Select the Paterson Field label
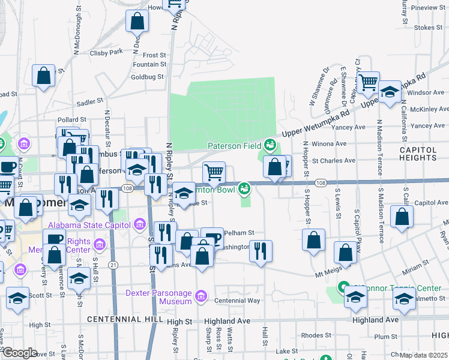pos(234,145)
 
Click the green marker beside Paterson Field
pos(270,145)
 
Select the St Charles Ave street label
pos(334,160)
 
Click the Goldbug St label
pos(147,77)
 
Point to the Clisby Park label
pos(106,52)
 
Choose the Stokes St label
pos(428,28)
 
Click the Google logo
pos(20,353)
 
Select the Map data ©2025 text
pos(424,355)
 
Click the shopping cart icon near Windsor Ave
pos(368,81)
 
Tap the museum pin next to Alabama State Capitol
pos(140,225)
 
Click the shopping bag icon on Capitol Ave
pos(402,216)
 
